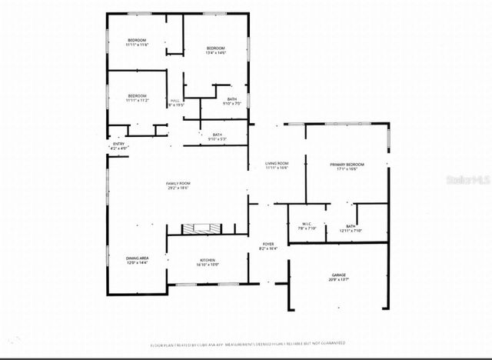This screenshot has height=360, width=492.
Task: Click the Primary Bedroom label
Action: pos(346,165)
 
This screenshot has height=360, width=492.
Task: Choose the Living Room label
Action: pos(276,164)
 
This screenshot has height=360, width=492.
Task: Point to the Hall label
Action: pos(175,101)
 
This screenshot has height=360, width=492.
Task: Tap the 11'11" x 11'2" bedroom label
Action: pos(137,98)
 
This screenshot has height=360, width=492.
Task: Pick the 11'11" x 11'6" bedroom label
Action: pos(137,42)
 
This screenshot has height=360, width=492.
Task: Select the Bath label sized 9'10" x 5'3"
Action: pos(217,137)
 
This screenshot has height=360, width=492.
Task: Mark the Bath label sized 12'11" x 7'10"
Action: pos(351,228)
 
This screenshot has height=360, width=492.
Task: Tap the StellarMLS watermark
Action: pos(470,178)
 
